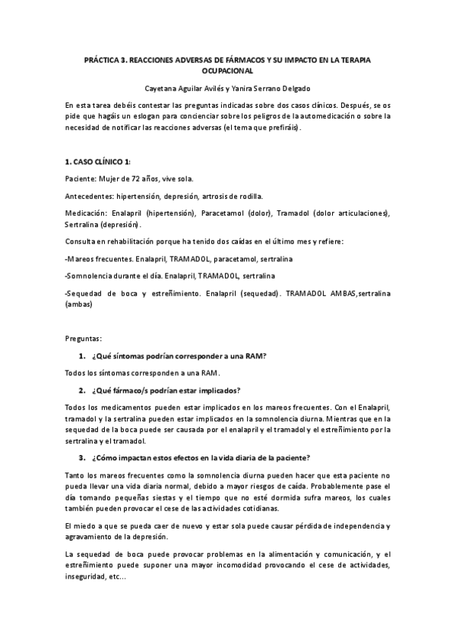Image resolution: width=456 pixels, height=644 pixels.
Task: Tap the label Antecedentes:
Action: (89, 197)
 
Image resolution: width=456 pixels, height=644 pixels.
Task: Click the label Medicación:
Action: (86, 214)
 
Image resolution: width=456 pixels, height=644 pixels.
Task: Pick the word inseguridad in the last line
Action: (87, 576)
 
